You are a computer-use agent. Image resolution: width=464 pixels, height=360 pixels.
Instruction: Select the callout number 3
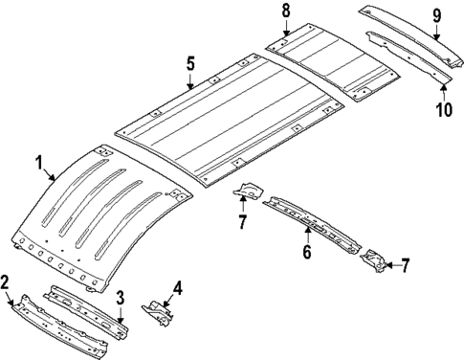[120, 297]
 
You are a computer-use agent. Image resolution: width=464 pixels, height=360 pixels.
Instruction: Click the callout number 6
[306, 252]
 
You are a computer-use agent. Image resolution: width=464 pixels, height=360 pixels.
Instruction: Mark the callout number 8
[285, 11]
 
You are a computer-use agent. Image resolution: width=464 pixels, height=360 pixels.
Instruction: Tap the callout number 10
[442, 108]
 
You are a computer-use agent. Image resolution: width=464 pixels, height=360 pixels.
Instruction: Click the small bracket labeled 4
[158, 307]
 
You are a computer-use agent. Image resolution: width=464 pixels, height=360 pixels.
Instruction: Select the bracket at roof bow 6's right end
[372, 259]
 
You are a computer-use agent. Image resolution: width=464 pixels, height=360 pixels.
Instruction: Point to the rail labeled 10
[411, 56]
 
